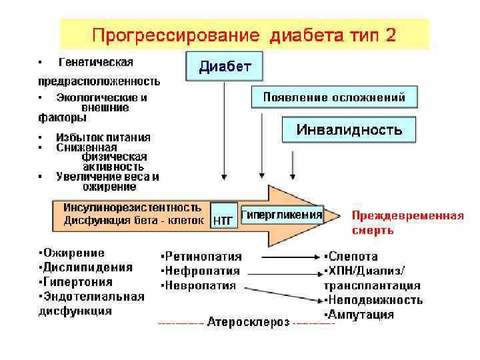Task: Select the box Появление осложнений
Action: click(334, 97)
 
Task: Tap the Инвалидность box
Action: click(349, 129)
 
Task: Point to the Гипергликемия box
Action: click(281, 215)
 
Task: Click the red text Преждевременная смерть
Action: click(407, 223)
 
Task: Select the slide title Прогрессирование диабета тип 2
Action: click(244, 35)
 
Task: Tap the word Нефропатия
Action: click(202, 271)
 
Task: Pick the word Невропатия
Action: click(201, 285)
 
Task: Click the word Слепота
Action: click(353, 256)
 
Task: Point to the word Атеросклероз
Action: click(248, 323)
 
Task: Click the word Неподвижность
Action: click(376, 300)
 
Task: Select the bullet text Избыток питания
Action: click(103, 137)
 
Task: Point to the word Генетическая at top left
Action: click(96, 62)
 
